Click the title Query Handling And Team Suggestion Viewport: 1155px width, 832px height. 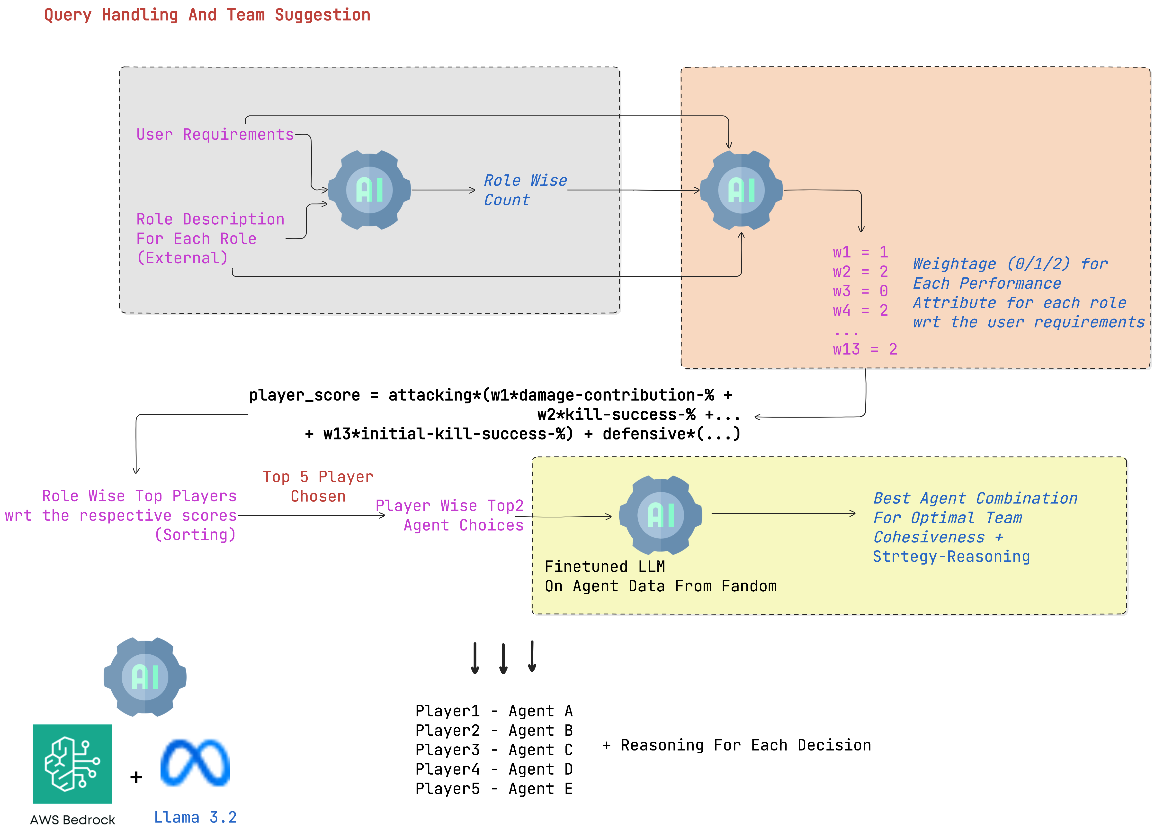207,15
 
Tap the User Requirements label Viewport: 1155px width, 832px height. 215,135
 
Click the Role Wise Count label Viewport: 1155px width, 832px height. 525,190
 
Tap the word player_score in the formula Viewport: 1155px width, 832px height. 304,395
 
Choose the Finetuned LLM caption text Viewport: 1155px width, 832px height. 604,567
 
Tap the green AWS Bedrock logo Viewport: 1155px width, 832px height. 72,764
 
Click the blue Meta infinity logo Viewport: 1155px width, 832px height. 195,763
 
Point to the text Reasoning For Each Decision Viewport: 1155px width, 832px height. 745,745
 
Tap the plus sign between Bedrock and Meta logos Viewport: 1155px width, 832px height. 136,777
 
